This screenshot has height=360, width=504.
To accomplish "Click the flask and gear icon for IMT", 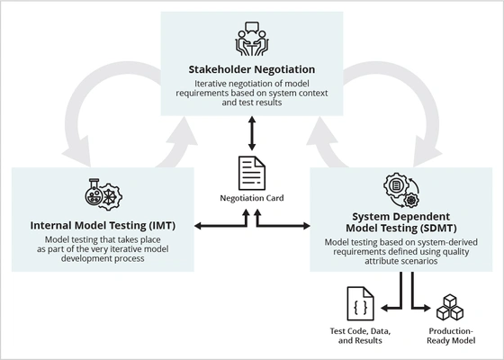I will tap(100, 194).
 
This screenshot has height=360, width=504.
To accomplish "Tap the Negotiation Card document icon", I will tap(251, 174).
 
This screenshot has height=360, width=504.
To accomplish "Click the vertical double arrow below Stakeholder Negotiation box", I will tap(251, 133).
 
